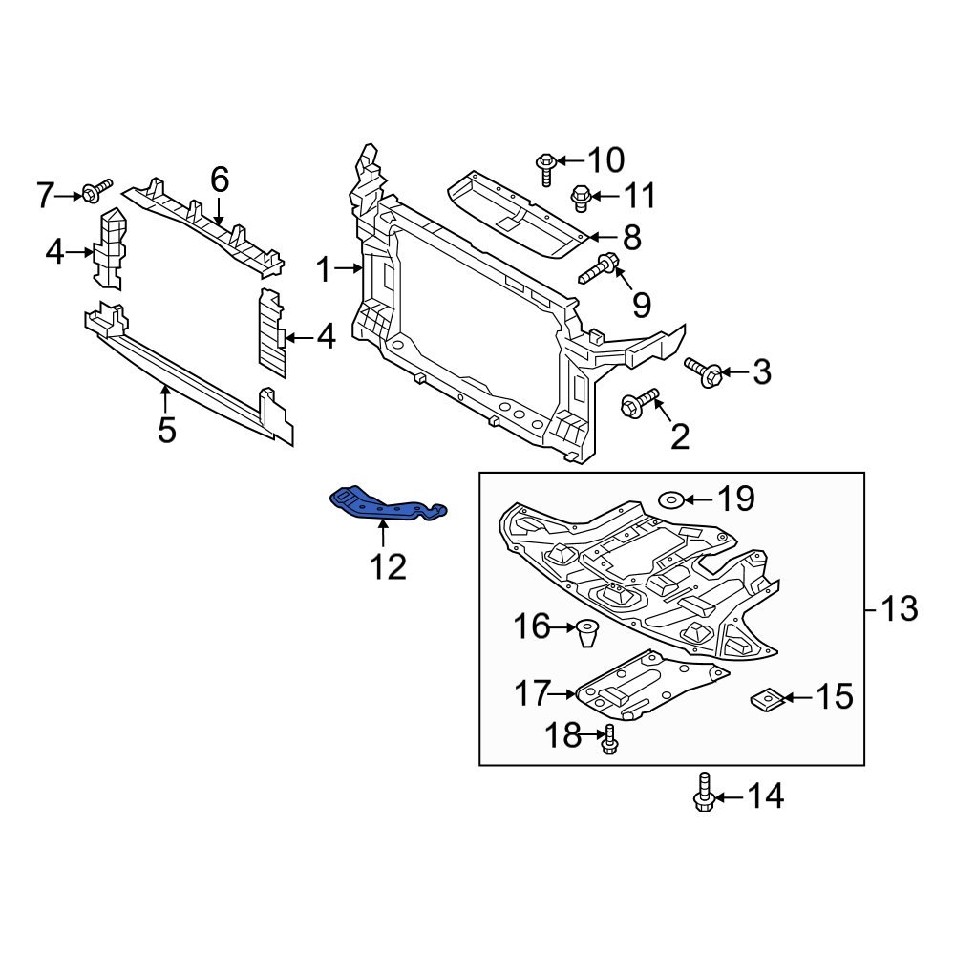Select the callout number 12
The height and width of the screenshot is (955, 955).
pos(387,566)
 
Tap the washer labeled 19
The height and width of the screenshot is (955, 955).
pos(670,498)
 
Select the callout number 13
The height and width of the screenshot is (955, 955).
pos(899,607)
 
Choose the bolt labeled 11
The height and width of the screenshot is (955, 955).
pos(580,199)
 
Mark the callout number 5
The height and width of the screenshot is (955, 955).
pos(166,431)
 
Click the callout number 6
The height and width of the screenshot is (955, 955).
pos(219,179)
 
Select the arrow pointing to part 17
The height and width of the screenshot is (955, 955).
pos(565,692)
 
